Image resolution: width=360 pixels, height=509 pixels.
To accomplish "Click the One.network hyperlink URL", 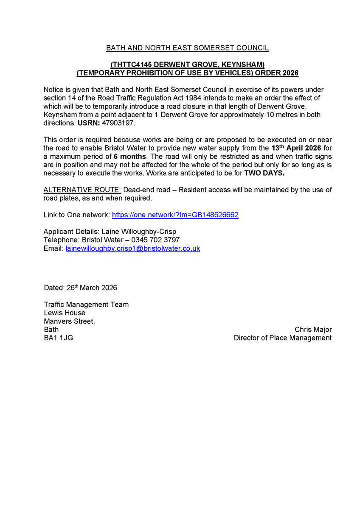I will pyautogui.click(x=175, y=215).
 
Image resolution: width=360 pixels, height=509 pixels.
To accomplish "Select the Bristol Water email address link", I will pyautogui.click(x=132, y=249).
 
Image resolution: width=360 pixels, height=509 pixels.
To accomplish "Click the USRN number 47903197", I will pyautogui.click(x=121, y=123).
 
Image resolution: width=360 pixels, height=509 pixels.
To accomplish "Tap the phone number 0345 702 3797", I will pyautogui.click(x=156, y=240).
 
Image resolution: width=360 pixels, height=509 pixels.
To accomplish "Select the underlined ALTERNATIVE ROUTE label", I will pyautogui.click(x=82, y=190).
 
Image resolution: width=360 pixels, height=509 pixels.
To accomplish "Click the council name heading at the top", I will pyautogui.click(x=187, y=48).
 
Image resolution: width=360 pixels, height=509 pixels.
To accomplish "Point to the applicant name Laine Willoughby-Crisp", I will pyautogui.click(x=140, y=232).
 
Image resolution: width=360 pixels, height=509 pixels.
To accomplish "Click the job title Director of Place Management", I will pyautogui.click(x=283, y=338).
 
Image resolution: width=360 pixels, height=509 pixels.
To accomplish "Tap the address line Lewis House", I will pyautogui.click(x=65, y=313).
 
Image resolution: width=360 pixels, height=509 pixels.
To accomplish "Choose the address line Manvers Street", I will pyautogui.click(x=69, y=322).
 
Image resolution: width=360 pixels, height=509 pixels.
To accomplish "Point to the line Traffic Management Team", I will pyautogui.click(x=86, y=305).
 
